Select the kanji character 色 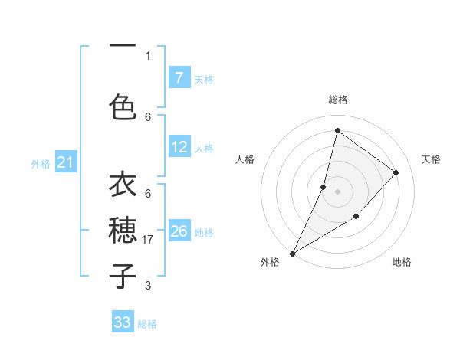pos(123,106)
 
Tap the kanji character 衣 pos(123,187)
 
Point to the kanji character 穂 pos(123,230)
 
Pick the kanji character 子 pos(123,274)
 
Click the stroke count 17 pos(149,240)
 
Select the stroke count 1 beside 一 pos(148,55)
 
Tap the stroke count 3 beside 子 pos(148,286)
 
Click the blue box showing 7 pos(179,77)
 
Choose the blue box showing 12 pos(179,147)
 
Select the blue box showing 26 pos(179,231)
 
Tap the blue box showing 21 pos(66,162)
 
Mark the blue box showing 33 pos(123,322)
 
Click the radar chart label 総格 pos(338,100)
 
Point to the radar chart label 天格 pos(431,159)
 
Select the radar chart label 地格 pos(402,262)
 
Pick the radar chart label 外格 pos(270,262)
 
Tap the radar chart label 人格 pos(245,159)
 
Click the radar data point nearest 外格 pos(292,253)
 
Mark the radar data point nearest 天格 pos(396,172)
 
